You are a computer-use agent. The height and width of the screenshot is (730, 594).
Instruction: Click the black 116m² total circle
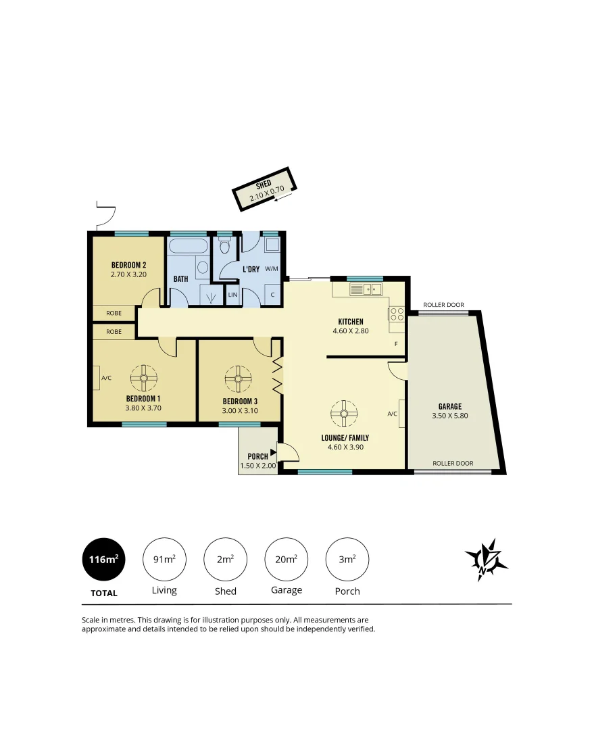pos(103,560)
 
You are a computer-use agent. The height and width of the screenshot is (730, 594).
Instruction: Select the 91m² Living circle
pos(164,560)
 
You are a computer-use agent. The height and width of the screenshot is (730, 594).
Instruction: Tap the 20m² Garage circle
pos(287,560)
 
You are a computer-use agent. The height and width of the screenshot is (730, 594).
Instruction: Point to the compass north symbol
pos(485,560)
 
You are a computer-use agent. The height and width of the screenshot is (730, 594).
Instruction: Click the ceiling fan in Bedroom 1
pos(144,378)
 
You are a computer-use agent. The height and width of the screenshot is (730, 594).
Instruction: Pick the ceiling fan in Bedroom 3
pos(238,379)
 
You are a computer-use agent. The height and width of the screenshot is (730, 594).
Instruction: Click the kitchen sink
pos(366,289)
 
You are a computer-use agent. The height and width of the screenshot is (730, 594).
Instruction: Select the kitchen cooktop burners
pos(396,314)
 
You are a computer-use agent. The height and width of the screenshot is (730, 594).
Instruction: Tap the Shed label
pos(264,185)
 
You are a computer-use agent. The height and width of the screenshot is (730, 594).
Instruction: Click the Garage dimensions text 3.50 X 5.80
pos(449,416)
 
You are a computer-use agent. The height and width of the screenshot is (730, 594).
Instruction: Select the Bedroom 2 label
pos(129,265)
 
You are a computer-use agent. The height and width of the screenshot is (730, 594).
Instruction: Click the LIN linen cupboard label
pos(232,295)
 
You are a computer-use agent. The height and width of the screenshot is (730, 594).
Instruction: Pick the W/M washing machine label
pos(272,268)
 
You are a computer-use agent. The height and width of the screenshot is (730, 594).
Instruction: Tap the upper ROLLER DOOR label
pos(443,305)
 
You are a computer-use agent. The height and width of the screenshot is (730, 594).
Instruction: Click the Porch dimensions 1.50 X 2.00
pos(257,466)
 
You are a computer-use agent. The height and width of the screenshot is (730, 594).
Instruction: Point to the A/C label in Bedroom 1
pos(106,378)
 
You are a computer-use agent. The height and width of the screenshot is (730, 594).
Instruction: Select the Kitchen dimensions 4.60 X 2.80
pos(348,331)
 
